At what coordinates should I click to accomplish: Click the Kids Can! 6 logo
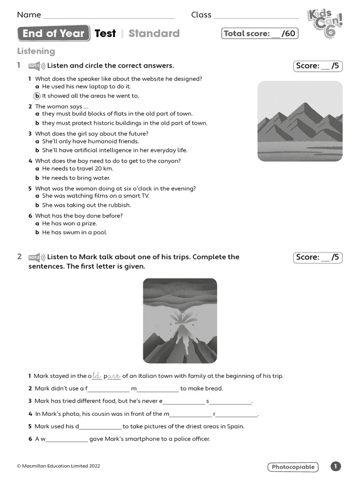pyautogui.click(x=325, y=23)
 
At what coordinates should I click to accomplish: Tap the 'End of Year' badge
pyautogui.click(x=53, y=33)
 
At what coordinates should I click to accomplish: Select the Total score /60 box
pyautogui.click(x=259, y=33)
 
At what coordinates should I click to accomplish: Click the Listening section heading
pyautogui.click(x=36, y=51)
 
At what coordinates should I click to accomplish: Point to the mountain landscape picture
pyautogui.click(x=300, y=121)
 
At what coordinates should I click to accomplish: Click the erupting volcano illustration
pyautogui.click(x=180, y=321)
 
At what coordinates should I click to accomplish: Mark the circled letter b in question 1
pyautogui.click(x=37, y=96)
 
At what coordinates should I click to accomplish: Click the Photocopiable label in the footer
pyautogui.click(x=293, y=467)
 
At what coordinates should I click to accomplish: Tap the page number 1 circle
pyautogui.click(x=336, y=466)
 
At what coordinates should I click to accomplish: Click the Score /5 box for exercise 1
pyautogui.click(x=318, y=66)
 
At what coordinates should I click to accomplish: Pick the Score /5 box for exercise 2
pyautogui.click(x=318, y=257)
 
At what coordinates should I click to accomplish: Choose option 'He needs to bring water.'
pyautogui.click(x=76, y=178)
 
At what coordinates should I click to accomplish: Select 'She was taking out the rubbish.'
pyautogui.click(x=86, y=205)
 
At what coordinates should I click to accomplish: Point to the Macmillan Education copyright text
pyautogui.click(x=59, y=466)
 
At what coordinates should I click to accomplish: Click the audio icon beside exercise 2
pyautogui.click(x=37, y=257)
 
